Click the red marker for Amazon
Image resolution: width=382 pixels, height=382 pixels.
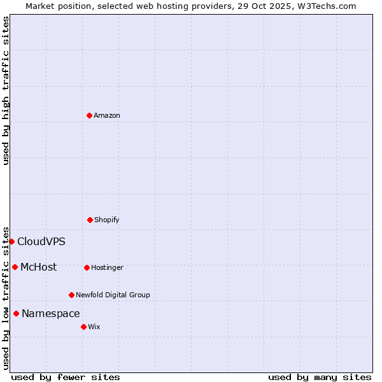(89, 115)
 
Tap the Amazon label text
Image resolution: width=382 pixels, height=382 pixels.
(106, 115)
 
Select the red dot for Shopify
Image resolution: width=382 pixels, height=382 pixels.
(90, 220)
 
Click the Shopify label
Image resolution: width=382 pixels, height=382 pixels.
(106, 220)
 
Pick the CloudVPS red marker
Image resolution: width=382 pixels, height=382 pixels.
(11, 241)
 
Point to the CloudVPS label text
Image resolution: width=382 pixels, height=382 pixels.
(41, 241)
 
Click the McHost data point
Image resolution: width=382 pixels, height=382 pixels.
(15, 267)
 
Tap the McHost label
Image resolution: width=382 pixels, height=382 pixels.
(38, 267)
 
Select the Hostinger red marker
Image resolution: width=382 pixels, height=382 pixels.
(87, 267)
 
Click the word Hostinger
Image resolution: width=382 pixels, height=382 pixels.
(107, 267)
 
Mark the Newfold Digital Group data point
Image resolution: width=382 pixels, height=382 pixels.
(71, 295)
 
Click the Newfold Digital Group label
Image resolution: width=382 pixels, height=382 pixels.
(113, 295)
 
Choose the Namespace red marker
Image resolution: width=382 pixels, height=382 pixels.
(16, 313)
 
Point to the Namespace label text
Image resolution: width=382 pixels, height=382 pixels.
(50, 313)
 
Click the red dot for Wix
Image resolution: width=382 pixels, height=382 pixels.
(83, 327)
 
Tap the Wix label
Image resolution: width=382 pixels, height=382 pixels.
(94, 327)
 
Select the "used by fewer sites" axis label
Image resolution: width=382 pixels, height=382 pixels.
(66, 377)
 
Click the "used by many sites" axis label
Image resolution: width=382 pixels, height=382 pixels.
(320, 377)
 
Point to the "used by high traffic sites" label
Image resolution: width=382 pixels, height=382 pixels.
(6, 90)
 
